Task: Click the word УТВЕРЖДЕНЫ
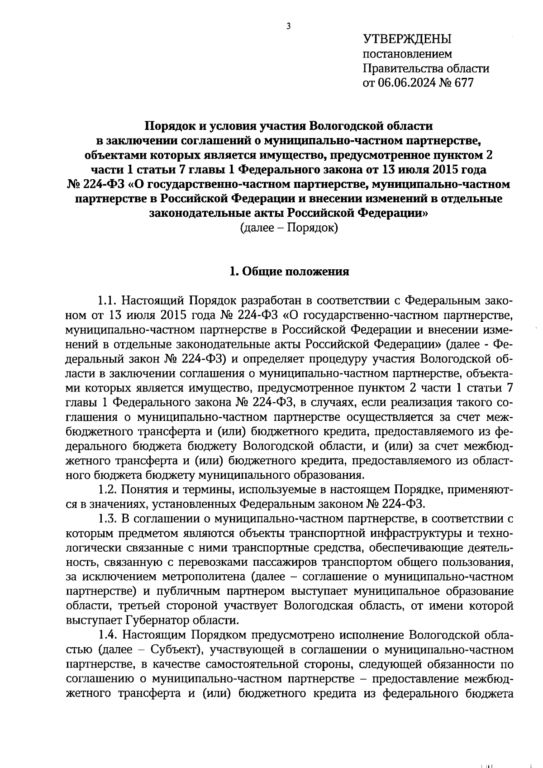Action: coord(407,39)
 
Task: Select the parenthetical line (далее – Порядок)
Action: coord(289,228)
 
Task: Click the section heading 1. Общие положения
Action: coord(289,272)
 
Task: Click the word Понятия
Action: coord(149,490)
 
